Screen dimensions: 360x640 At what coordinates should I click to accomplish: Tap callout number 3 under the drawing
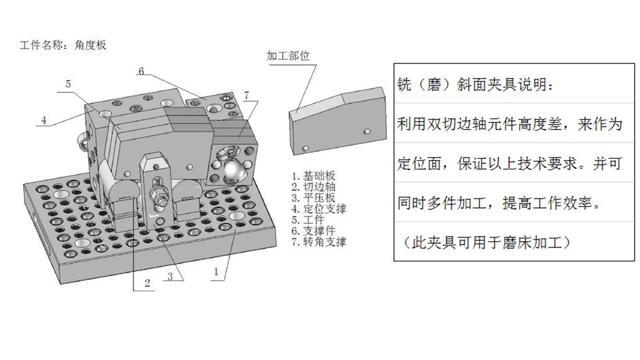pyautogui.click(x=171, y=276)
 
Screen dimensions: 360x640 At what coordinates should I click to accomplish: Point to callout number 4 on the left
pyautogui.click(x=43, y=121)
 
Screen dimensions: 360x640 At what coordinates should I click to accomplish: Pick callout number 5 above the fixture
pyautogui.click(x=69, y=84)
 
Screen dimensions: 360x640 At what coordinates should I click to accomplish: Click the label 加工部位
pyautogui.click(x=289, y=55)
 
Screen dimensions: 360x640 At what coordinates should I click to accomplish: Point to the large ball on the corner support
pyautogui.click(x=233, y=171)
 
